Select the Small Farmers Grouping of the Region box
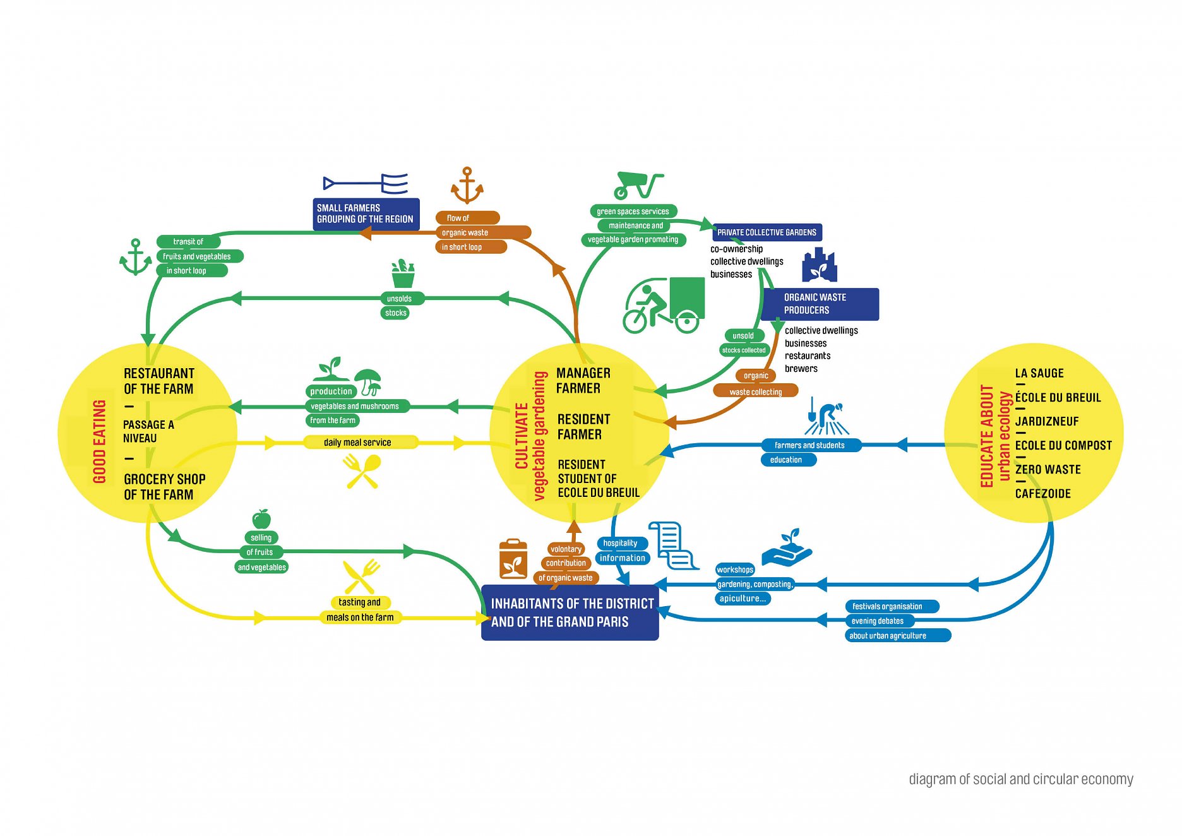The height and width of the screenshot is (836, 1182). tap(366, 214)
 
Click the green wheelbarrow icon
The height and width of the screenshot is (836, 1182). tap(638, 185)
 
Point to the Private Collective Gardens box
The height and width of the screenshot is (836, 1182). tap(767, 232)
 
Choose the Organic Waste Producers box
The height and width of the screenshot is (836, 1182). tap(819, 304)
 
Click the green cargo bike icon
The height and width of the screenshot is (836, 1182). tap(664, 305)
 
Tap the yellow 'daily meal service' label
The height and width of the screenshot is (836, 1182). tap(357, 443)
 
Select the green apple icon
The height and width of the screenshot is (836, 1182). tap(261, 519)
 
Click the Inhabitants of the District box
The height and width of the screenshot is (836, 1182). tap(570, 612)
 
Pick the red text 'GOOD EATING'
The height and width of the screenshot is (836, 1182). tap(99, 441)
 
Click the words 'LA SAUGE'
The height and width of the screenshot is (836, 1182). tap(1039, 373)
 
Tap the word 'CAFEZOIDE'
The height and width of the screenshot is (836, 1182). tap(1042, 494)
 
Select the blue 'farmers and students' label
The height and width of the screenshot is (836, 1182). tap(809, 445)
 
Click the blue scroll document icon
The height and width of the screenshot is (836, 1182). tap(673, 545)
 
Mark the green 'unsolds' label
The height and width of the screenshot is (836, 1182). tap(399, 299)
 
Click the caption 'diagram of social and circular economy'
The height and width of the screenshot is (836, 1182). tap(1020, 779)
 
